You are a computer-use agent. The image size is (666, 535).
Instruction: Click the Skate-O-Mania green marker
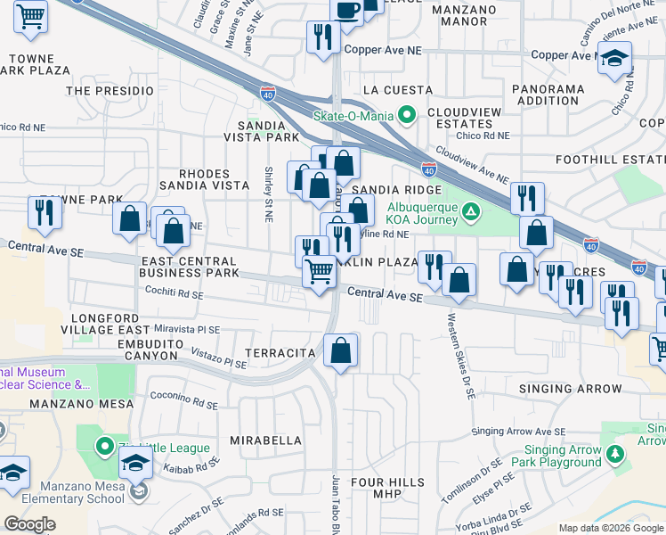click(408, 115)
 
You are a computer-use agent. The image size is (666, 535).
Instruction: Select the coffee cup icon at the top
click(346, 10)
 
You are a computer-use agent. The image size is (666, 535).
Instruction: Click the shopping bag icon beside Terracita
click(340, 350)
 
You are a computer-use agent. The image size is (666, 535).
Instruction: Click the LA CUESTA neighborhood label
click(397, 90)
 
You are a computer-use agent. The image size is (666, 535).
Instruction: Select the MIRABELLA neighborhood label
click(266, 440)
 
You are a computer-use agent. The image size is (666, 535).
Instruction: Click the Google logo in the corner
click(30, 524)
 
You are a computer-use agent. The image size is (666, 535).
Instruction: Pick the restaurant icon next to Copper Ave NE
click(321, 37)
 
